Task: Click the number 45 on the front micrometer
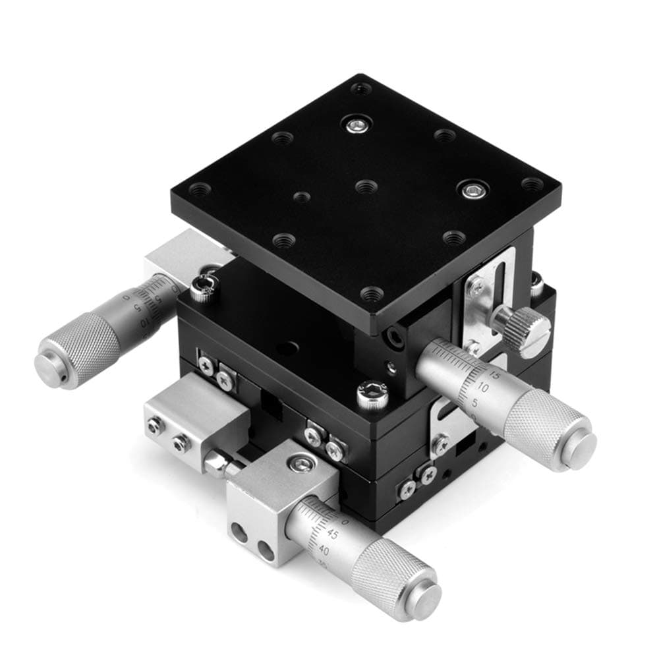(x=333, y=534)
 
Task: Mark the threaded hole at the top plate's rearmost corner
(x=360, y=88)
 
